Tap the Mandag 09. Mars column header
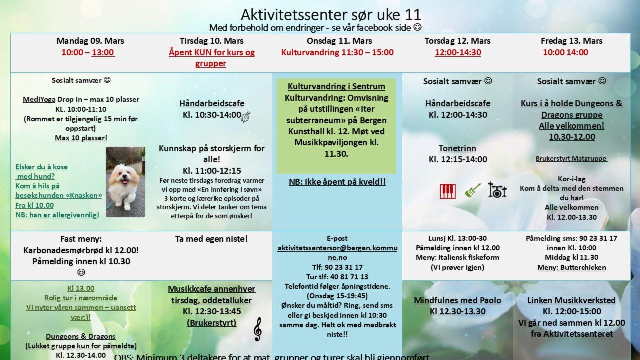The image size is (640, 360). tap(90, 41)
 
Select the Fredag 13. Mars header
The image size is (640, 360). tap(571, 41)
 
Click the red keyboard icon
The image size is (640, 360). tap(448, 191)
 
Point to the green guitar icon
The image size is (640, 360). tap(473, 190)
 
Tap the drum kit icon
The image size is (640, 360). tap(497, 190)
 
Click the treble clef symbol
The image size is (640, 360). tap(257, 329)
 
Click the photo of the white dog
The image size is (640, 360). tap(125, 182)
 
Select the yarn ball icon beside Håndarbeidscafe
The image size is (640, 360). tap(245, 117)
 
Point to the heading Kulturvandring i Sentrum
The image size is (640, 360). tap(336, 86)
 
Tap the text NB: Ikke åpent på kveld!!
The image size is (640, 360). tap(337, 182)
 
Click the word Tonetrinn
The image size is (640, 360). tap(457, 148)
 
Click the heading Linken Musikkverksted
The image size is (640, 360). tap(571, 300)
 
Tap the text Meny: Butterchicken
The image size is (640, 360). tap(571, 267)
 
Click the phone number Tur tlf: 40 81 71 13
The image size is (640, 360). tap(337, 276)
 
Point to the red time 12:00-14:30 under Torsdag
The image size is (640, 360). tap(458, 52)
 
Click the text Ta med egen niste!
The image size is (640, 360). tap(211, 239)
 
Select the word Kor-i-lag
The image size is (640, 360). tap(571, 179)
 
